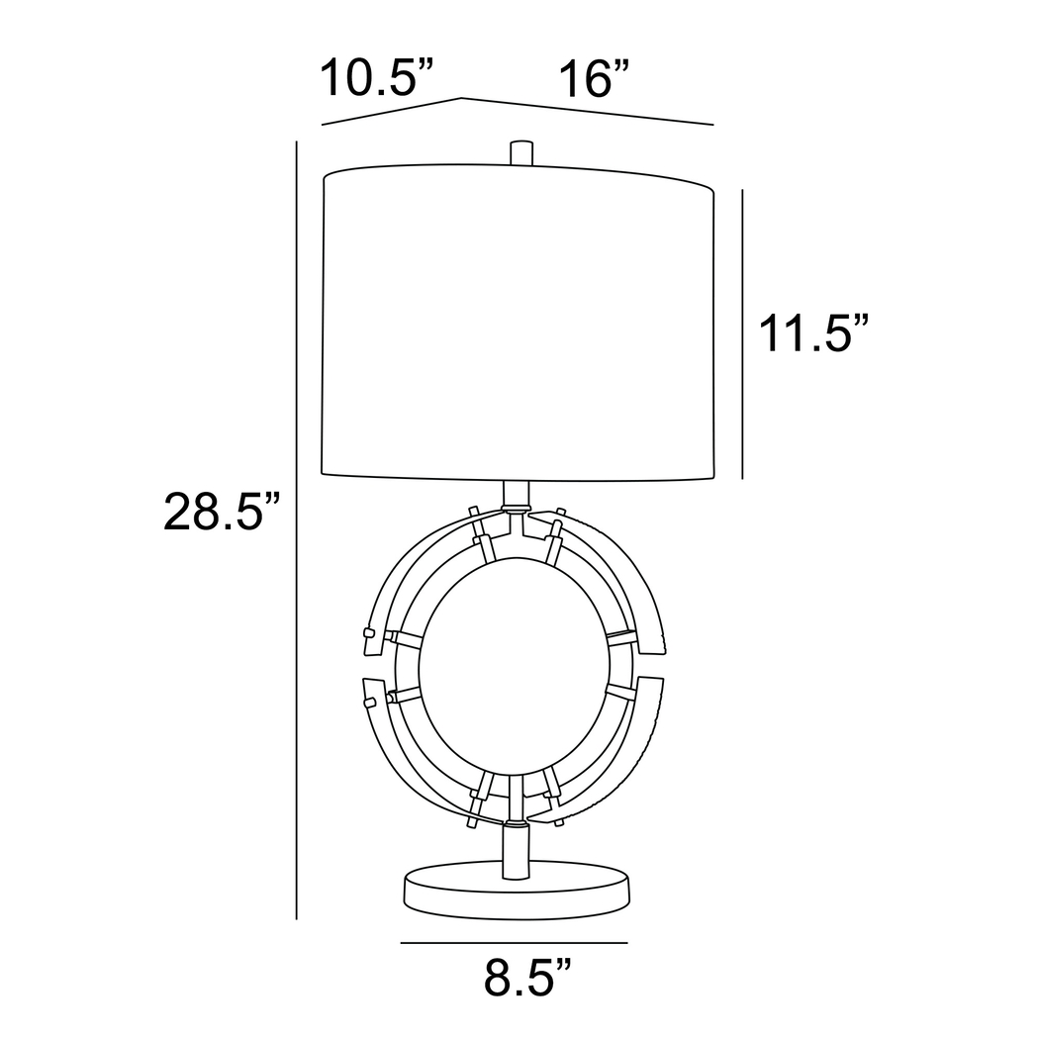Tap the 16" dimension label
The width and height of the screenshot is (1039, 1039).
[x=594, y=78]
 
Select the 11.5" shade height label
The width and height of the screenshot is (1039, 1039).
[x=812, y=333]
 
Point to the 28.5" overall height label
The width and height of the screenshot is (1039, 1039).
[x=222, y=511]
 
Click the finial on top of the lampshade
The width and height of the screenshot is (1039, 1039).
[x=521, y=152]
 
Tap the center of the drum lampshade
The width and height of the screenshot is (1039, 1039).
[x=519, y=322]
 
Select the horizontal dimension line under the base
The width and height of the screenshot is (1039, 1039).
[x=515, y=942]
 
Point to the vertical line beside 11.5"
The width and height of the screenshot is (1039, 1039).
[x=742, y=334]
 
